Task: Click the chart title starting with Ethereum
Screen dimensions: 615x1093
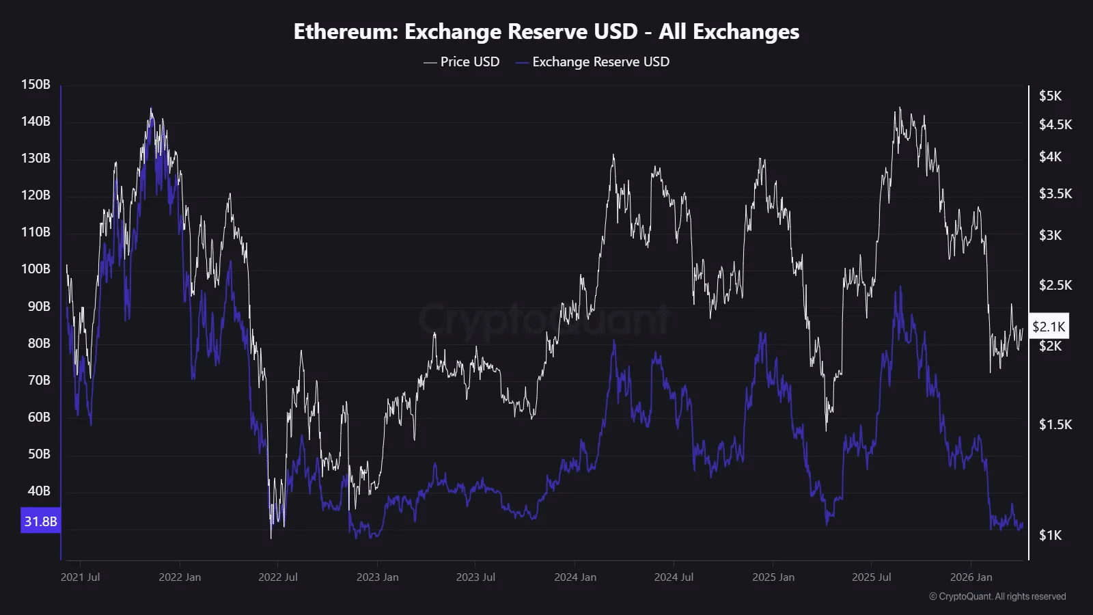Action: point(546,31)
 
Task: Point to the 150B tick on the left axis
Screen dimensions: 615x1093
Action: point(36,85)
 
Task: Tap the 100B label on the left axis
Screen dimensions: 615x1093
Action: point(36,269)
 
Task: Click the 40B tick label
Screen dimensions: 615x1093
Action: point(39,491)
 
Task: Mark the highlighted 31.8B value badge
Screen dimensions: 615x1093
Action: point(40,521)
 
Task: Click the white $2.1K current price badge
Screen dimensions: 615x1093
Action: point(1049,327)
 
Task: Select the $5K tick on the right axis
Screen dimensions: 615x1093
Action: point(1050,96)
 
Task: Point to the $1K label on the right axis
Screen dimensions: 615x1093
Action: point(1050,535)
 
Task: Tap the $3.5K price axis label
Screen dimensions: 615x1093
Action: point(1055,193)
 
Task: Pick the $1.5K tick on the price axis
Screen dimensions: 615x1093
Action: point(1055,424)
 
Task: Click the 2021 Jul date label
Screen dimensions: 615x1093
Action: point(80,577)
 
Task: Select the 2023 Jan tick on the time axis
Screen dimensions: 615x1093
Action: point(377,577)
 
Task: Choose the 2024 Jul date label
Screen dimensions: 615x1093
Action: point(674,577)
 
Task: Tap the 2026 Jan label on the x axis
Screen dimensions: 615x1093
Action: point(971,577)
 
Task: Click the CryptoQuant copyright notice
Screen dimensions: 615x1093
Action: point(997,597)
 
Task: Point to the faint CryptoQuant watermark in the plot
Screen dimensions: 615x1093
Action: point(544,320)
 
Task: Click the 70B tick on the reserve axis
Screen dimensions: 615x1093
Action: point(39,380)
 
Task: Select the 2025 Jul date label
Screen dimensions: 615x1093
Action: point(871,577)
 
